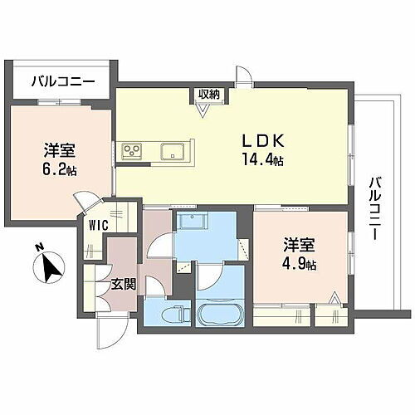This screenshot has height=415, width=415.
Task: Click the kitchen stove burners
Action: point(133,151)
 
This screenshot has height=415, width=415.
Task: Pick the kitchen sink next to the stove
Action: point(173,151)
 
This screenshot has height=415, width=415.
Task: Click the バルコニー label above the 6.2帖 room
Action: point(63,81)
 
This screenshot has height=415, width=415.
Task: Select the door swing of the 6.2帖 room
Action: point(86,203)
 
